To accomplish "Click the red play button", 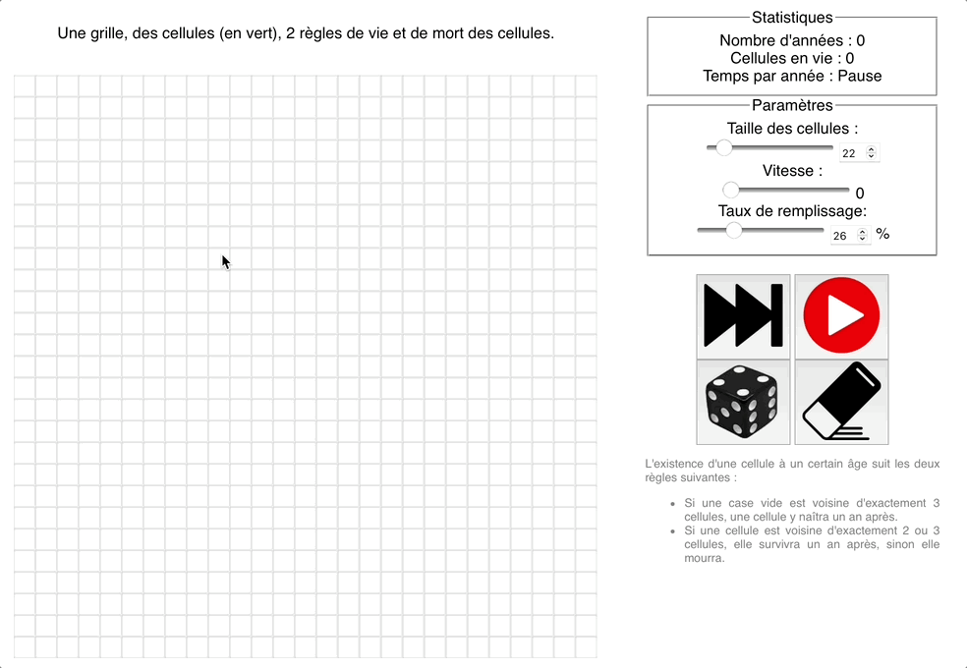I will click(x=841, y=316).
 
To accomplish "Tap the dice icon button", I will click(x=743, y=402).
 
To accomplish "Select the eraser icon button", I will click(x=841, y=402).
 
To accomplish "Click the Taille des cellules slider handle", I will click(x=724, y=147).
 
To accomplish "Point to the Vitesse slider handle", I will click(x=731, y=190).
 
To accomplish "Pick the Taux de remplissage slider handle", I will click(x=733, y=230).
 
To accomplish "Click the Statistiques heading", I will click(x=792, y=17).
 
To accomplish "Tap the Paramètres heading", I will click(x=792, y=105).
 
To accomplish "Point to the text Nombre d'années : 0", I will click(x=792, y=40).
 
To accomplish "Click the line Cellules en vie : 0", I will click(x=792, y=58).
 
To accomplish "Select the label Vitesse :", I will click(x=792, y=171).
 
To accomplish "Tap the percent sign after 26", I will click(x=882, y=234).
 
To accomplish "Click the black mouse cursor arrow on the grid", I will click(x=226, y=261).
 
